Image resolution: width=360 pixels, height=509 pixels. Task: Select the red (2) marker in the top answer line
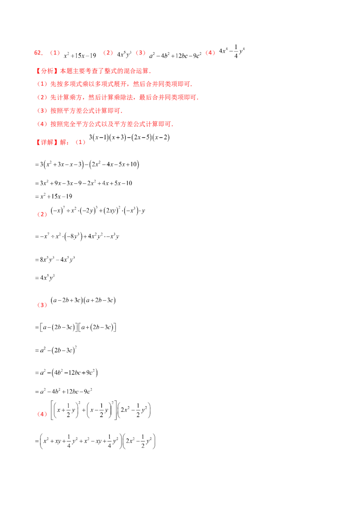pos(108,53)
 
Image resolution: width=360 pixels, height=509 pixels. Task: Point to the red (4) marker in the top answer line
pos(210,53)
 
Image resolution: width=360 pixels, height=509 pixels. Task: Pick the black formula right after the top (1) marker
pos(79,55)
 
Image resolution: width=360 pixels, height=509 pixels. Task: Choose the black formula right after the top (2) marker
pos(124,55)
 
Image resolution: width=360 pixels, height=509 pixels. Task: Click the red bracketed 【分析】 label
pos(46,71)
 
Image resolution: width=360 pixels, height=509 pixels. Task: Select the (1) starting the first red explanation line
pos(41,84)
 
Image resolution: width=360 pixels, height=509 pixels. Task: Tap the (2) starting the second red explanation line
pos(41,97)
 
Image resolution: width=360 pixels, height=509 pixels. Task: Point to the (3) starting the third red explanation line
pos(41,110)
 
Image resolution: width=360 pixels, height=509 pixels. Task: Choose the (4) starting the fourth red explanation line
pos(41,123)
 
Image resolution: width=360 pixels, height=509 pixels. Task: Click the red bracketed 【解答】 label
pos(46,143)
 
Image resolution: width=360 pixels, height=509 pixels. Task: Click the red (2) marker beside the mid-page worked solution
pos(42,215)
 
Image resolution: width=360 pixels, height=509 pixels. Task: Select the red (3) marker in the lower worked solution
pos(42,305)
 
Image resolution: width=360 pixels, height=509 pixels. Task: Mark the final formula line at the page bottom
pos(99,439)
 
